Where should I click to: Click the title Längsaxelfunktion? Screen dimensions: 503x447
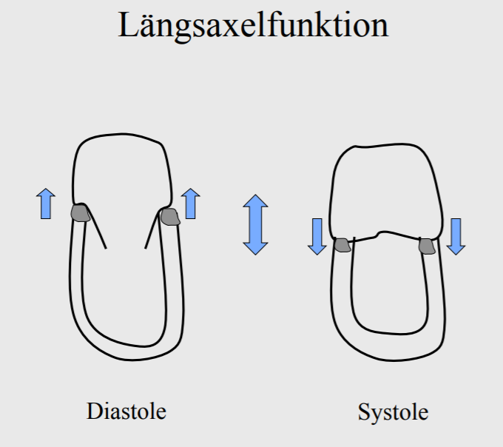click(253, 25)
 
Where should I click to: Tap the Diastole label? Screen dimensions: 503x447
click(126, 410)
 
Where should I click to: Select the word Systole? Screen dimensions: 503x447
click(393, 411)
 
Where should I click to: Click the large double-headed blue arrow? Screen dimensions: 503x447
click(255, 224)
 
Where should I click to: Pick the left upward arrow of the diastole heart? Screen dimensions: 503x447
click(46, 204)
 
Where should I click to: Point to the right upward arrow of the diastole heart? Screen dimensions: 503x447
click(191, 204)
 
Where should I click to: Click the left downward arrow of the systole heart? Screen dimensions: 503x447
click(317, 236)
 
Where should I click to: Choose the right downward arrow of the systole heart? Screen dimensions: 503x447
click(456, 236)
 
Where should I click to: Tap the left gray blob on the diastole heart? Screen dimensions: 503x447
click(81, 214)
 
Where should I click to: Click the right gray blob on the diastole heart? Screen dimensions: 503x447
click(170, 217)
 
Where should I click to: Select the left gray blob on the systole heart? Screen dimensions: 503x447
click(342, 245)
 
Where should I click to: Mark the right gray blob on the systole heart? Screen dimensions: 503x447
click(428, 246)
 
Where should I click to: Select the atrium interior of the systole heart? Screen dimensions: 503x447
click(381, 192)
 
